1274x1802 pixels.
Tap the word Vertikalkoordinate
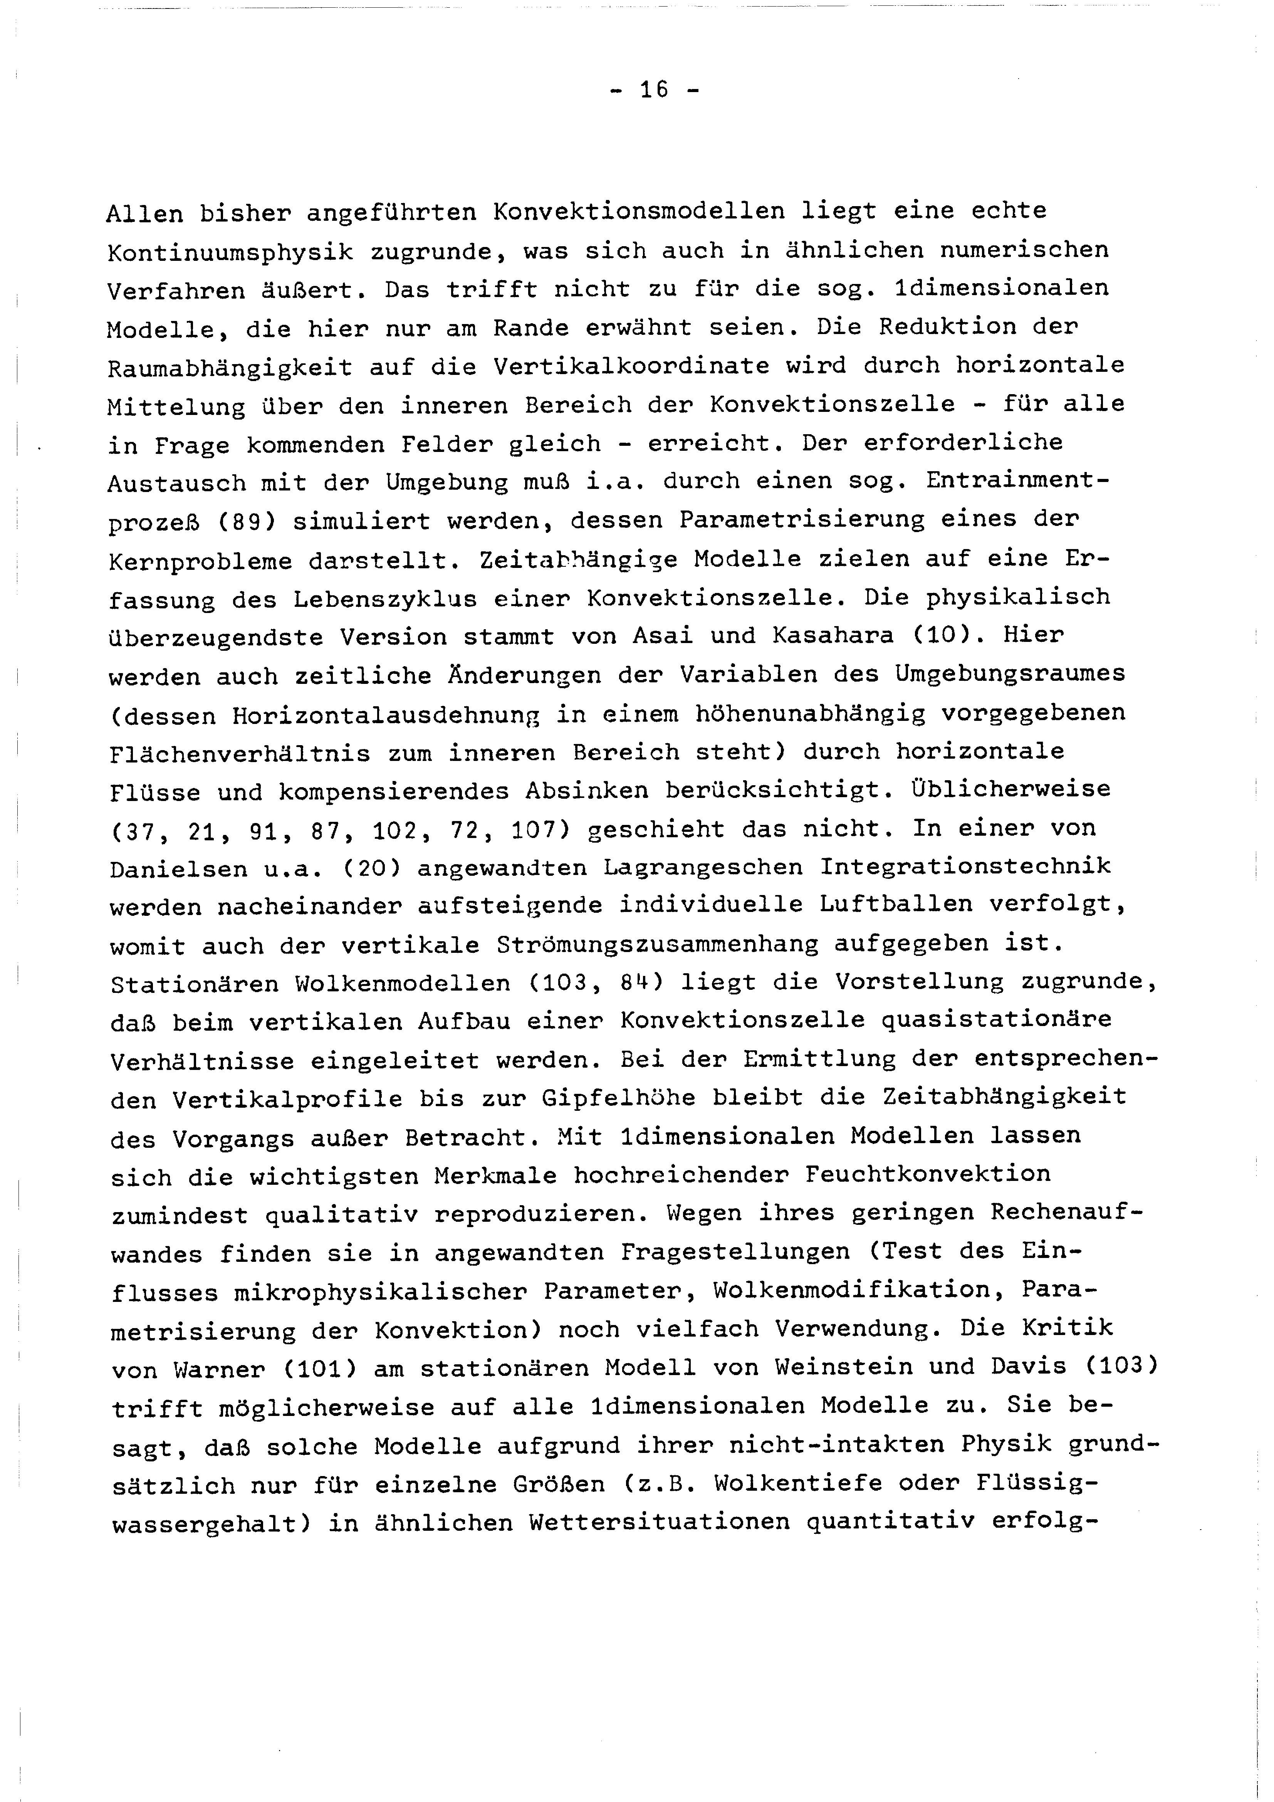(633, 366)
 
